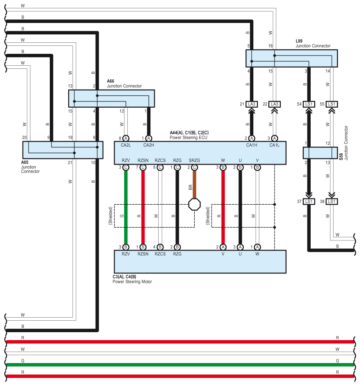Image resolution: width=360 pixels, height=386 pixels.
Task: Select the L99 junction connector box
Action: tap(291, 58)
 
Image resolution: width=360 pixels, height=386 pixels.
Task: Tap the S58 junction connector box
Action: tap(320, 153)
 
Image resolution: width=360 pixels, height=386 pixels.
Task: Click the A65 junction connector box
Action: tap(63, 150)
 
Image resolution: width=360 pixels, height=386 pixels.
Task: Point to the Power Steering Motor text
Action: tap(133, 281)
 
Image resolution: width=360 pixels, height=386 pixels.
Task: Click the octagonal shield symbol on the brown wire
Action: tap(194, 204)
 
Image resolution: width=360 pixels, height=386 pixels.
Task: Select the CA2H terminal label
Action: tap(148, 145)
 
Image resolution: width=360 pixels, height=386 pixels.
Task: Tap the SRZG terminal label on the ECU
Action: tap(194, 161)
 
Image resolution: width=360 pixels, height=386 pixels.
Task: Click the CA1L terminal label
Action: tap(275, 145)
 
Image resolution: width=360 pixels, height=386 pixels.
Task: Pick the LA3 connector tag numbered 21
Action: tap(252, 104)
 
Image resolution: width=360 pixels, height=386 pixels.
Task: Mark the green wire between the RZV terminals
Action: tap(126, 207)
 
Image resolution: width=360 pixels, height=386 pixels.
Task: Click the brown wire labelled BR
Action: tap(194, 185)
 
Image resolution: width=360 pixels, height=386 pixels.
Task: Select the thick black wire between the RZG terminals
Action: tap(177, 207)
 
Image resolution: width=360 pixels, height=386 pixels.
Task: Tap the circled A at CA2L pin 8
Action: tap(126, 138)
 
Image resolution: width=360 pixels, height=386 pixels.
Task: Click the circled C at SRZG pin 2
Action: tap(194, 168)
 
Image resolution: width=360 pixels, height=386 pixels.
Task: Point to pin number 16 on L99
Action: tap(271, 46)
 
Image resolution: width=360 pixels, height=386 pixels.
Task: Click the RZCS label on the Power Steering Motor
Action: tap(160, 254)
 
